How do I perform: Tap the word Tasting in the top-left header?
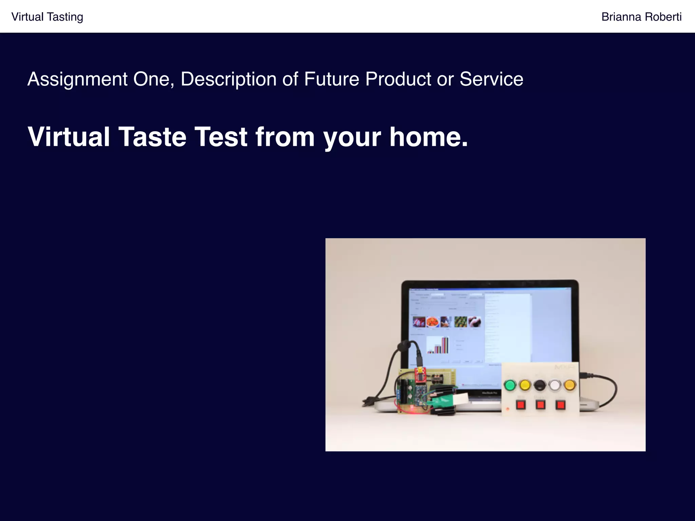(x=65, y=17)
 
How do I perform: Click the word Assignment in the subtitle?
(x=77, y=79)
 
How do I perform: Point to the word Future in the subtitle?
(x=332, y=79)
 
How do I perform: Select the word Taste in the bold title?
(x=152, y=137)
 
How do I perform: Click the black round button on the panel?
(x=540, y=385)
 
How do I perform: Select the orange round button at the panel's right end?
(x=570, y=385)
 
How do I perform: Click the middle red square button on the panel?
(x=541, y=405)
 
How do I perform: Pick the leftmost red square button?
(x=521, y=405)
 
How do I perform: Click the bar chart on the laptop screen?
(x=438, y=345)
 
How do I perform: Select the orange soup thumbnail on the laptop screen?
(x=433, y=322)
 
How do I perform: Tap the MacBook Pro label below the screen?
(x=489, y=393)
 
